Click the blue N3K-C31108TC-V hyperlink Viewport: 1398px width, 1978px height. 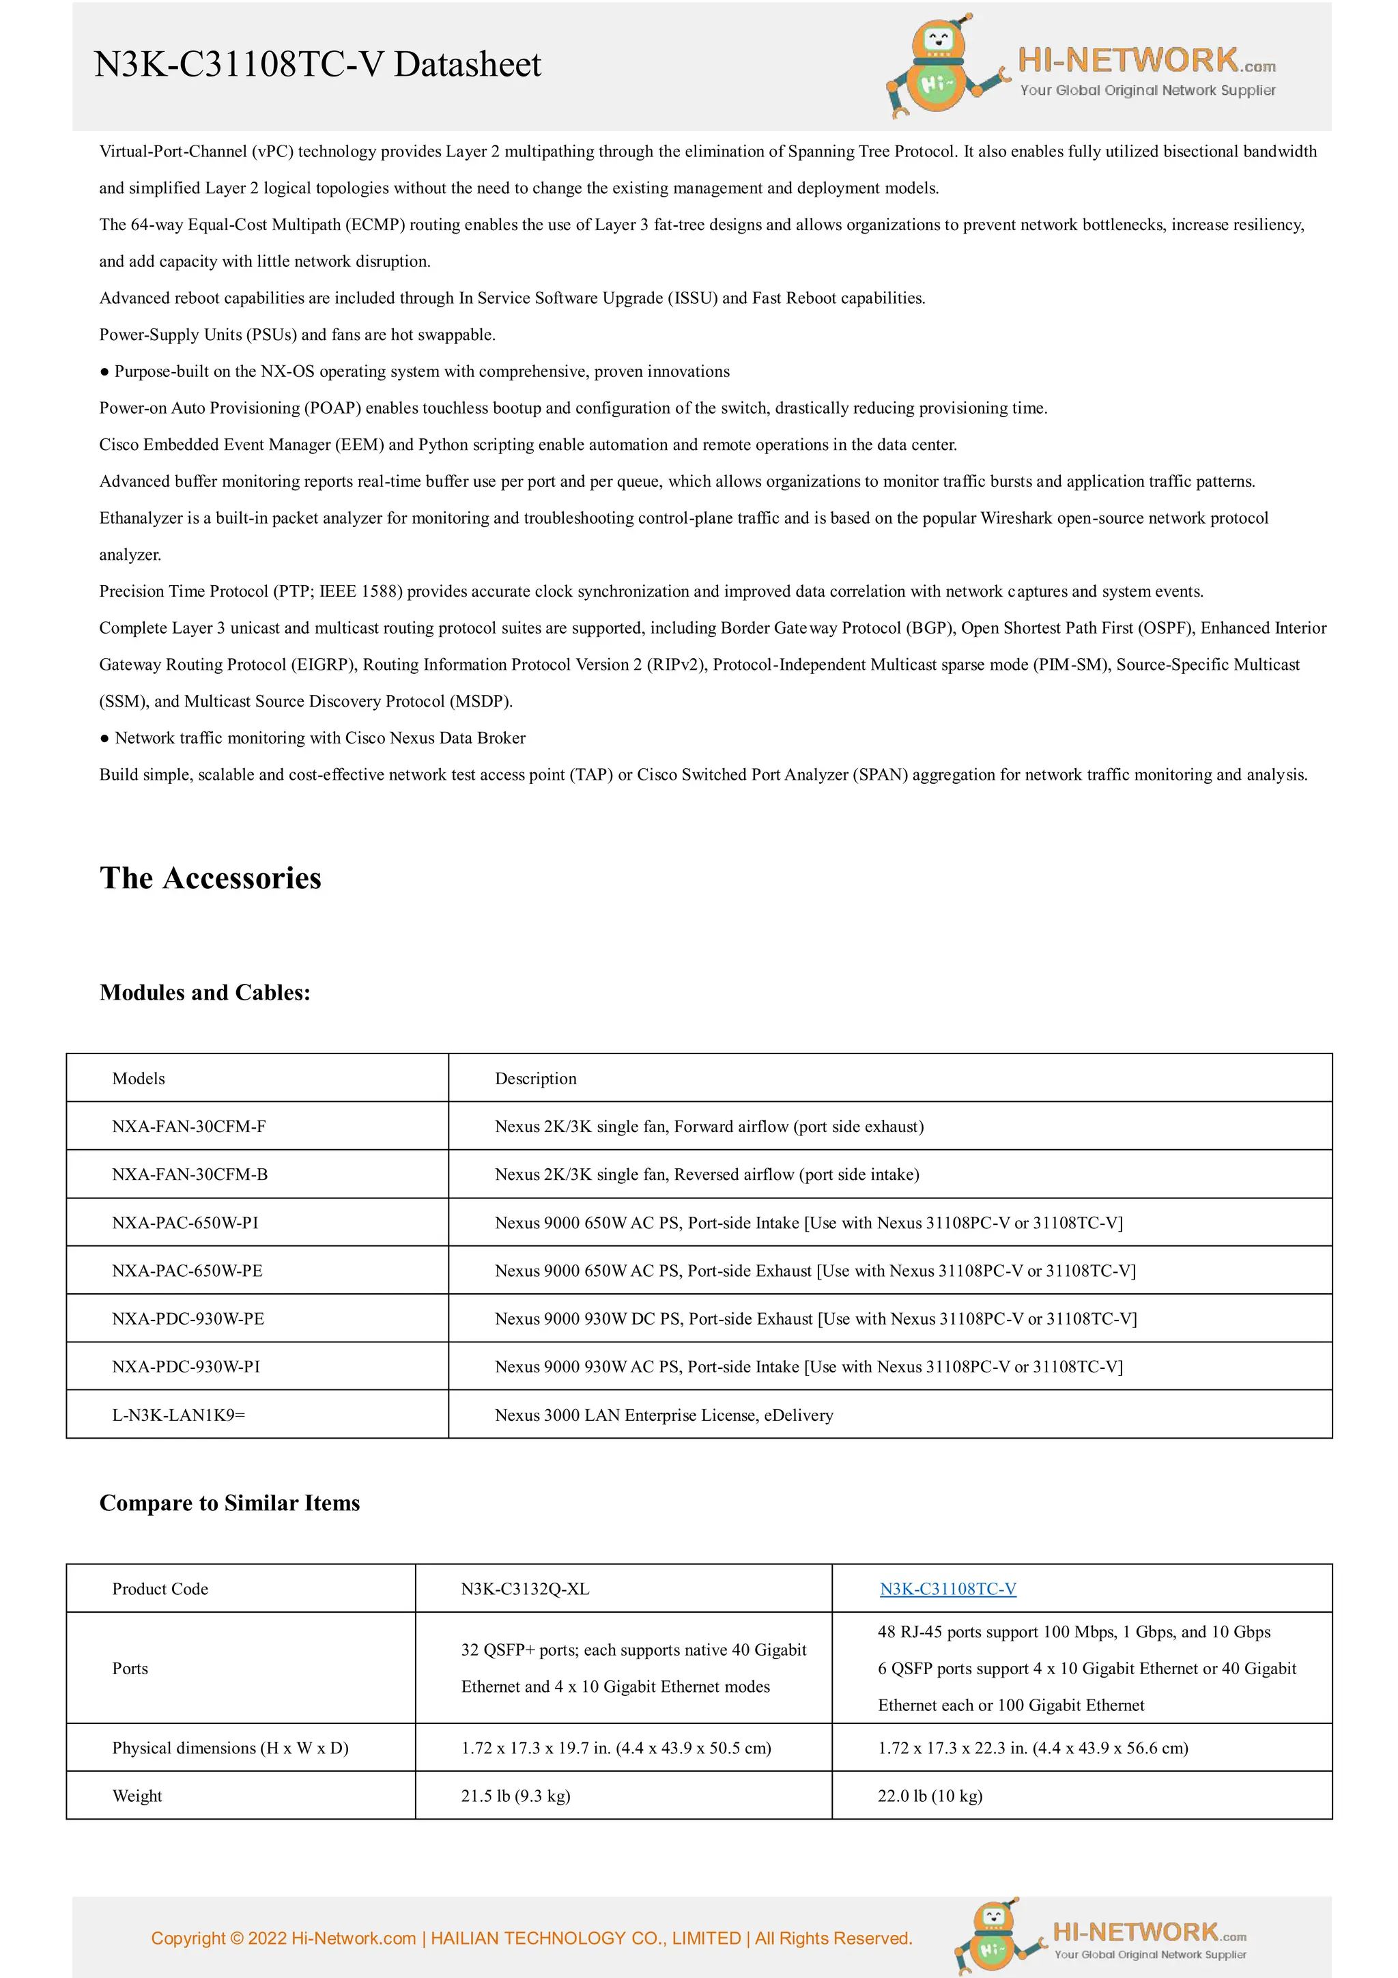coord(947,1589)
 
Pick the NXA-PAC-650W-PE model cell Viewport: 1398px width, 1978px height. coord(187,1271)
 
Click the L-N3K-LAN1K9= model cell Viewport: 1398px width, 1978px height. coord(178,1415)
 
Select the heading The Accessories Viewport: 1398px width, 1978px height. coord(210,878)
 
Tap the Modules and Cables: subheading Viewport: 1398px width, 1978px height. coord(205,993)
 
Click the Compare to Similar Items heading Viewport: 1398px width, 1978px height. coord(229,1503)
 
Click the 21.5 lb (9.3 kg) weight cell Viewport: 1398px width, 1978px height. coord(515,1796)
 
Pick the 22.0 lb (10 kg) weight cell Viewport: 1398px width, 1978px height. coord(930,1796)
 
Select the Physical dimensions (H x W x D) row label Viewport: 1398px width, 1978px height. coord(230,1747)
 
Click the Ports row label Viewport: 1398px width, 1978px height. coord(130,1668)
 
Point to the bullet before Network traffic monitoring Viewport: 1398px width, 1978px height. coord(104,738)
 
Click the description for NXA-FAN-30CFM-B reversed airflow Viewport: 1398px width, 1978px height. coord(707,1174)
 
